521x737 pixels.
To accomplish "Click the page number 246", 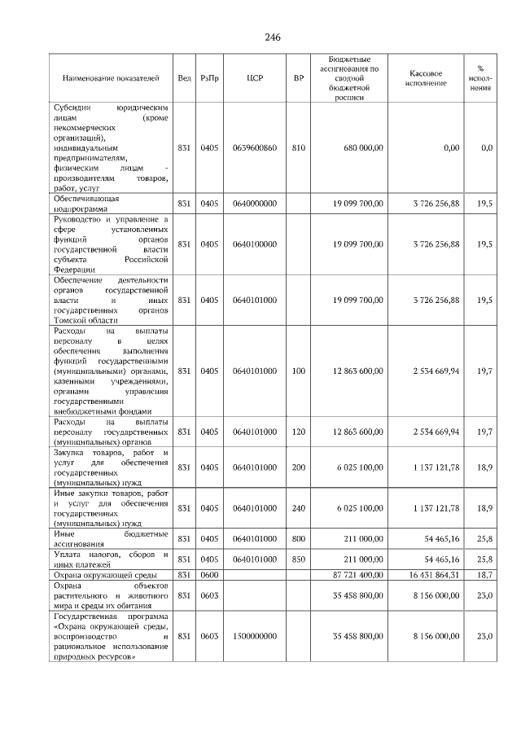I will [x=272, y=37].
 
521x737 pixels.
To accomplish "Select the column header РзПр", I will [x=209, y=79].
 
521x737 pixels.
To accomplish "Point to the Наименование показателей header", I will [x=111, y=79].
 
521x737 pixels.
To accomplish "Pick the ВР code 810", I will [x=298, y=148].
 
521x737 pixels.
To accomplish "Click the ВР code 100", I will [x=298, y=371].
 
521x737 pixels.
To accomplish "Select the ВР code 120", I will [x=298, y=432].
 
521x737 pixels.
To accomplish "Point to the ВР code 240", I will [x=298, y=508].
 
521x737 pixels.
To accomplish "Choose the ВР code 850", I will [x=298, y=559].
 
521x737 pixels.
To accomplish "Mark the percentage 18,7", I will [x=484, y=574].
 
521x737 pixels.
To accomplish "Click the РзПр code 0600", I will [x=209, y=574].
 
